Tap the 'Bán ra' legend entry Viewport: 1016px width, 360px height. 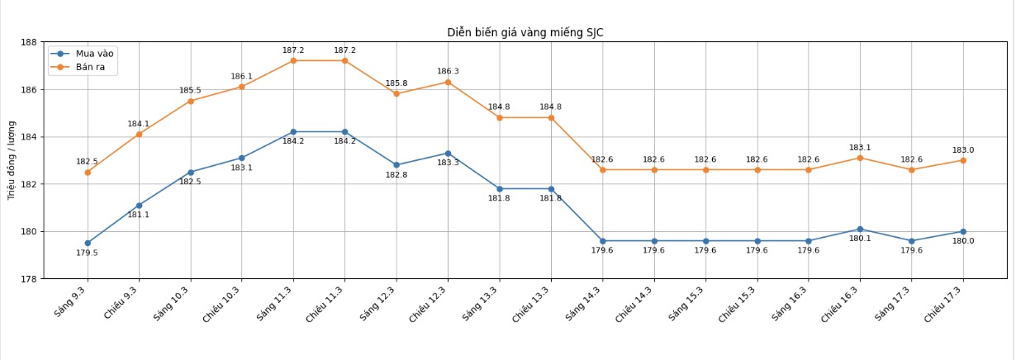click(90, 67)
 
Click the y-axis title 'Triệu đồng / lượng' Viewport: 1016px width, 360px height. click(12, 160)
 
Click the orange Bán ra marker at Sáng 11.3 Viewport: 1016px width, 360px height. click(293, 60)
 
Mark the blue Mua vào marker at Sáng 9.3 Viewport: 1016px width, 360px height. click(88, 244)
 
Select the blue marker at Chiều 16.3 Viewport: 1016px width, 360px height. click(860, 230)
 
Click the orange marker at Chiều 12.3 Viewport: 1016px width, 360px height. click(448, 82)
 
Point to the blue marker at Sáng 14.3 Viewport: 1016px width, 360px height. click(602, 241)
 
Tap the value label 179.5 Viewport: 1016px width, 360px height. click(87, 253)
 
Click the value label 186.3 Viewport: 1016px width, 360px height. click(448, 72)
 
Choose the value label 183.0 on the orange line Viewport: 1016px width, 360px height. click(963, 150)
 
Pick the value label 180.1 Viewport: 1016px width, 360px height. click(860, 239)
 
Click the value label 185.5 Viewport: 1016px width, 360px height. click(190, 91)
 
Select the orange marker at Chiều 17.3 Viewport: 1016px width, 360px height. click(963, 160)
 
